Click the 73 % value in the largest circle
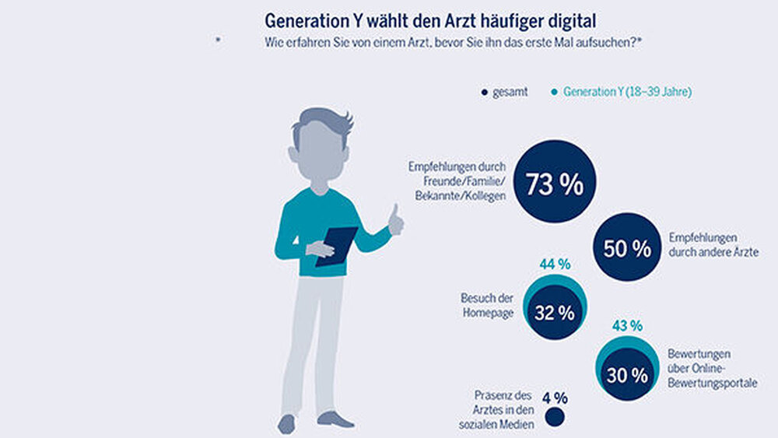click(554, 185)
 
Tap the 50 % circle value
click(627, 248)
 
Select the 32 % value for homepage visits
click(554, 313)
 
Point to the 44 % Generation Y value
click(555, 265)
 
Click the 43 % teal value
click(627, 324)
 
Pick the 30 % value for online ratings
click(627, 374)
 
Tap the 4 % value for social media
click(555, 398)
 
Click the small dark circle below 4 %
click(555, 418)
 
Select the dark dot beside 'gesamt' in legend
click(484, 93)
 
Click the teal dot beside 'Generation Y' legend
click(554, 93)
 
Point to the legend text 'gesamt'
click(510, 93)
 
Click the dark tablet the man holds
click(335, 245)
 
